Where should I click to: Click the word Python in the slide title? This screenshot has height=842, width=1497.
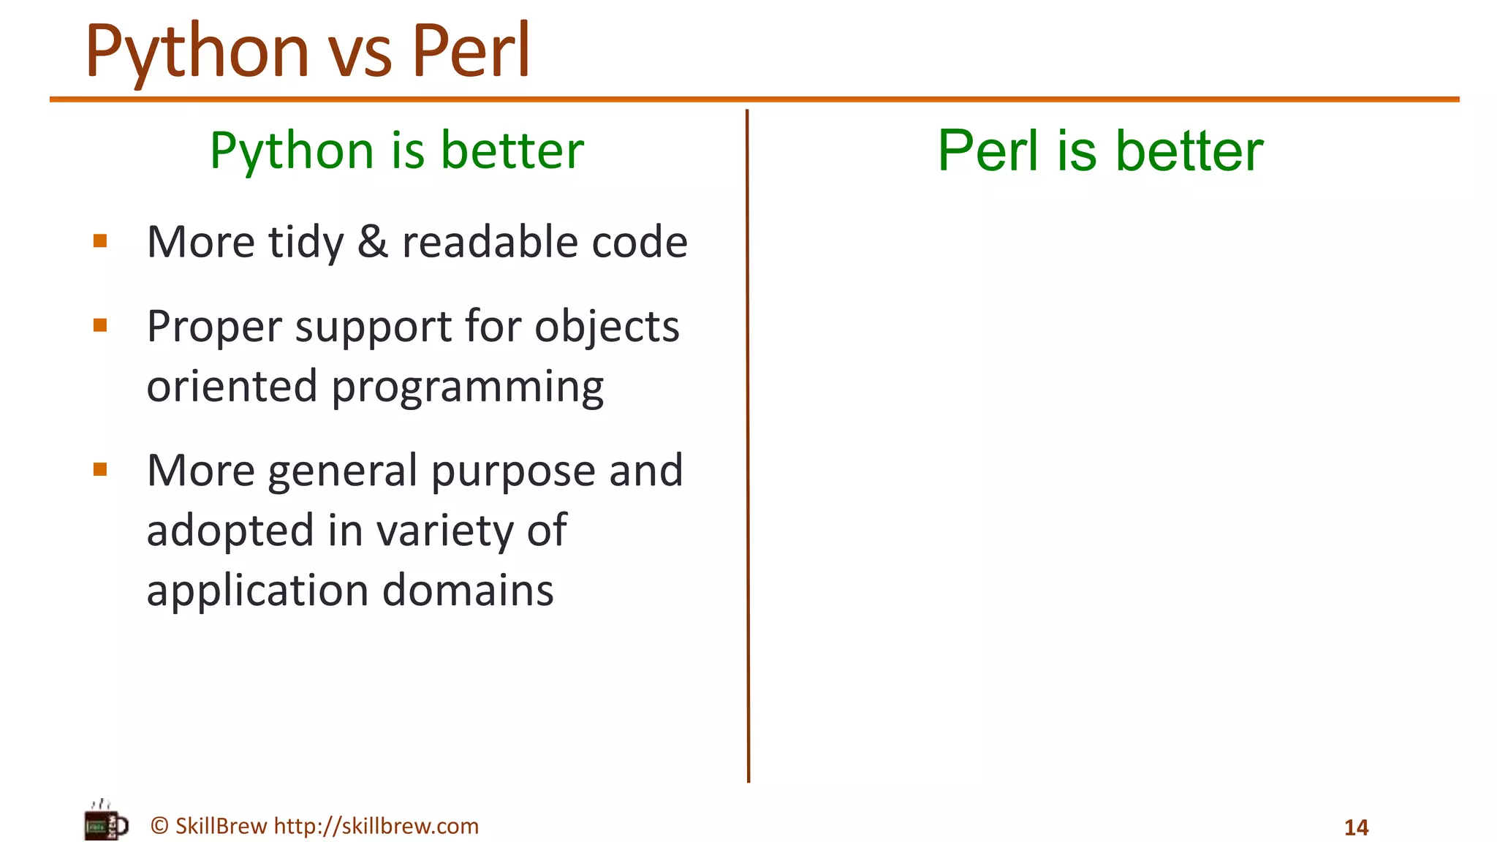point(197,53)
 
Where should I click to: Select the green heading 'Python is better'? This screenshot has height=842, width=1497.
point(397,151)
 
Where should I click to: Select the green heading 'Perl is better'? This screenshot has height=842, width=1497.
point(1100,151)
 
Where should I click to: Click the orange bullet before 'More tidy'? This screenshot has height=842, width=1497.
point(101,241)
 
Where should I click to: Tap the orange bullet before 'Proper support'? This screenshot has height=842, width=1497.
point(101,325)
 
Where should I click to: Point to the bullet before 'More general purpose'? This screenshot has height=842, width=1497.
point(101,469)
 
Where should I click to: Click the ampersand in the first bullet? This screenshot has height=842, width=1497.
point(373,242)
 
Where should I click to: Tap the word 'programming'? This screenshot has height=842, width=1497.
point(468,387)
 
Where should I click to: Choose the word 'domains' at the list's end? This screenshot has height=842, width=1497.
point(468,591)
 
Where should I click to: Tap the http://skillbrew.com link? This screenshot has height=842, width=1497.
point(376,826)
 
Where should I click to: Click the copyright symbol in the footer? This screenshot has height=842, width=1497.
point(159,826)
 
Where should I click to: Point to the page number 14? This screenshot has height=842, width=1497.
point(1356,827)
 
